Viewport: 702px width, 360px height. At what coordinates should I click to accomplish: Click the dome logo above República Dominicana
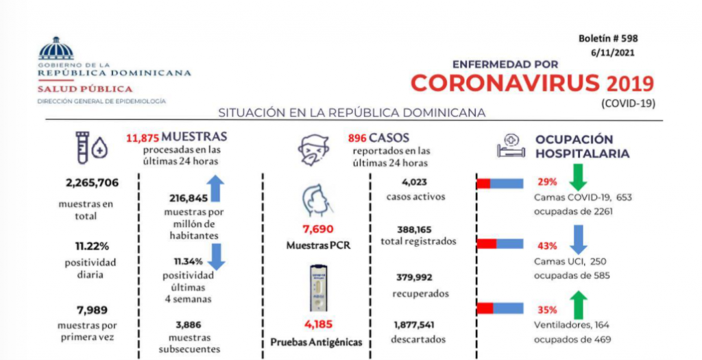coord(56,49)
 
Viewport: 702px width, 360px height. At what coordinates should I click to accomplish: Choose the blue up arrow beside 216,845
coord(216,189)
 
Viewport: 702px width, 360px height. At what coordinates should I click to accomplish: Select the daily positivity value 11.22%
coord(92,246)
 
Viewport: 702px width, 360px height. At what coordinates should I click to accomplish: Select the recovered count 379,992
coord(413,277)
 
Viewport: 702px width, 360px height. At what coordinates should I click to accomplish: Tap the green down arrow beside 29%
coord(578,177)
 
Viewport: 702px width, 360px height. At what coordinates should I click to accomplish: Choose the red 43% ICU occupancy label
coord(547,245)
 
